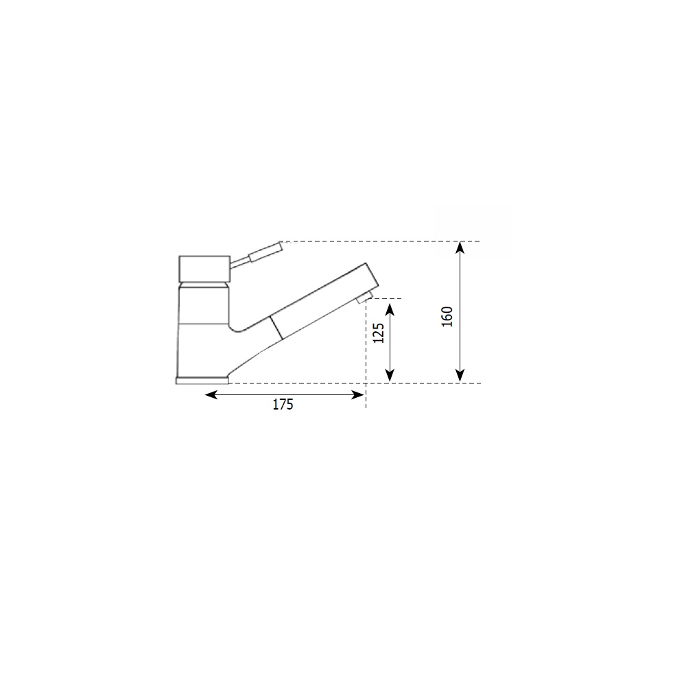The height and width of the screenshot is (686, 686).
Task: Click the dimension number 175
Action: click(x=283, y=405)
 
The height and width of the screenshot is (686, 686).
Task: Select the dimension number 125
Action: click(x=379, y=333)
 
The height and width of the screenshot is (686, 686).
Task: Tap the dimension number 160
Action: click(x=447, y=317)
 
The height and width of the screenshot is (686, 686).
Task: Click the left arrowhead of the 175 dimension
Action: click(x=211, y=395)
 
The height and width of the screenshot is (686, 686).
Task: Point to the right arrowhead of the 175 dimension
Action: click(x=358, y=395)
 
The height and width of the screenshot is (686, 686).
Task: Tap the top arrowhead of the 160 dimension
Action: click(x=460, y=248)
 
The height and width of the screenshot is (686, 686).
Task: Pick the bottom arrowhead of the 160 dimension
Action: click(x=460, y=375)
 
